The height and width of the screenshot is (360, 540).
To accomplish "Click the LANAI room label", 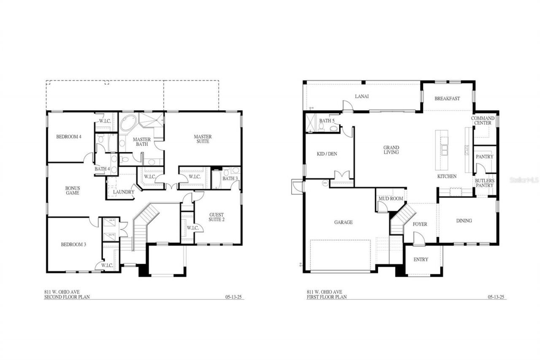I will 362,96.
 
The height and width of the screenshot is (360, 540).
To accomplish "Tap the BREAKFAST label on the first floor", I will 447,98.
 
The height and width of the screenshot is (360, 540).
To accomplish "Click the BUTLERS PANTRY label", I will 484,183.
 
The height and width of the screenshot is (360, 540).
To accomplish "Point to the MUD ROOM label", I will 391,198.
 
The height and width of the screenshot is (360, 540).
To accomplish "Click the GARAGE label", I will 343,222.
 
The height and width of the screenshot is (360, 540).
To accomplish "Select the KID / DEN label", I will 327,154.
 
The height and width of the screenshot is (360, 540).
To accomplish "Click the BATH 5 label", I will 327,121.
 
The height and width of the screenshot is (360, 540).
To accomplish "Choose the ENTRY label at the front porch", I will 421,260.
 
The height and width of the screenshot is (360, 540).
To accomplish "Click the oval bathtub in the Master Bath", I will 128,123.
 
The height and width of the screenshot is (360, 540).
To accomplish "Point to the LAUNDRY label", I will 124,192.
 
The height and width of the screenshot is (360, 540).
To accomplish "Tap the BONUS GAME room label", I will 72,190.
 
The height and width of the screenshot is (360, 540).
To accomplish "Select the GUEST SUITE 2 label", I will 217,217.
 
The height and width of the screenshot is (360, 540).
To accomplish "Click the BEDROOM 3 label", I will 73,244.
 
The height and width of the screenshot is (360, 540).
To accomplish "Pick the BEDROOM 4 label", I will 69,137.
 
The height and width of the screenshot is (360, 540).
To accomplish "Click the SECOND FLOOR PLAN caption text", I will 67,297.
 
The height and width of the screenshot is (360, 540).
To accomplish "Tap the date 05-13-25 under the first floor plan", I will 497,297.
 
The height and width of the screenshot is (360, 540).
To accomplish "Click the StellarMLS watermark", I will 524,180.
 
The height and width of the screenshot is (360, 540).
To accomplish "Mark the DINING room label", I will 464,221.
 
